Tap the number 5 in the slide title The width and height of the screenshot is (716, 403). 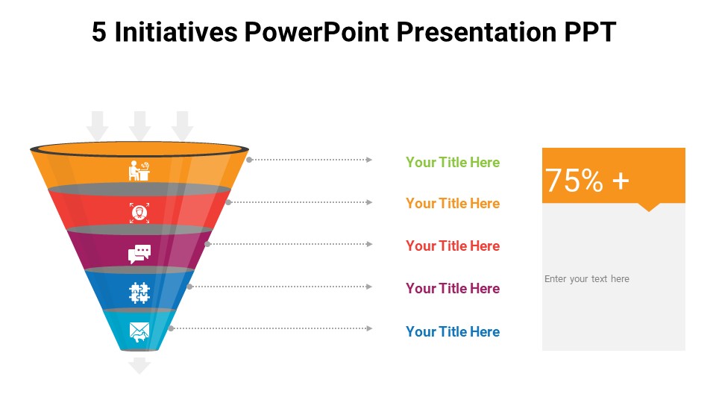pyautogui.click(x=99, y=32)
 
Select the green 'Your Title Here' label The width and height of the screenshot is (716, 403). pyautogui.click(x=453, y=162)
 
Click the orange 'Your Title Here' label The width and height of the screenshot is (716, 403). pyautogui.click(x=453, y=203)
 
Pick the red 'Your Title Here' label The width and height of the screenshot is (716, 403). pyautogui.click(x=453, y=246)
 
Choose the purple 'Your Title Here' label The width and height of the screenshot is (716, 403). pyautogui.click(x=453, y=288)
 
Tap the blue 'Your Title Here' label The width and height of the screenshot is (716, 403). pyautogui.click(x=453, y=331)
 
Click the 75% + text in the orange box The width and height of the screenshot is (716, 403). pyautogui.click(x=587, y=180)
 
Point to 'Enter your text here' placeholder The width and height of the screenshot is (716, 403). pyautogui.click(x=587, y=278)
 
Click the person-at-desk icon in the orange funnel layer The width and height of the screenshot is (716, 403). pyautogui.click(x=139, y=170)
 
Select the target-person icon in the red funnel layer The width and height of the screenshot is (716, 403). pyautogui.click(x=139, y=213)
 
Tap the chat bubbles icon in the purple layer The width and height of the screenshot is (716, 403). pyautogui.click(x=139, y=254)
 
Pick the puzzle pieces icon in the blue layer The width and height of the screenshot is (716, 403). pyautogui.click(x=139, y=293)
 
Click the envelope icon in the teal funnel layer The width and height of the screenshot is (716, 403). pyautogui.click(x=139, y=332)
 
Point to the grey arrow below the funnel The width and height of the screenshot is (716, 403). pyautogui.click(x=139, y=366)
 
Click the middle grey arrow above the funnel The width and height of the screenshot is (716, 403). pyautogui.click(x=139, y=125)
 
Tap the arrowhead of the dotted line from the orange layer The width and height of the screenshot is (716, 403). pyautogui.click(x=369, y=160)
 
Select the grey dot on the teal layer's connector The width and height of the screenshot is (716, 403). pyautogui.click(x=171, y=328)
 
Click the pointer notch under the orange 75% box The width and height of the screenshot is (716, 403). pyautogui.click(x=648, y=207)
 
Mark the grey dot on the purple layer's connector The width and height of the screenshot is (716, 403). pyautogui.click(x=207, y=245)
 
